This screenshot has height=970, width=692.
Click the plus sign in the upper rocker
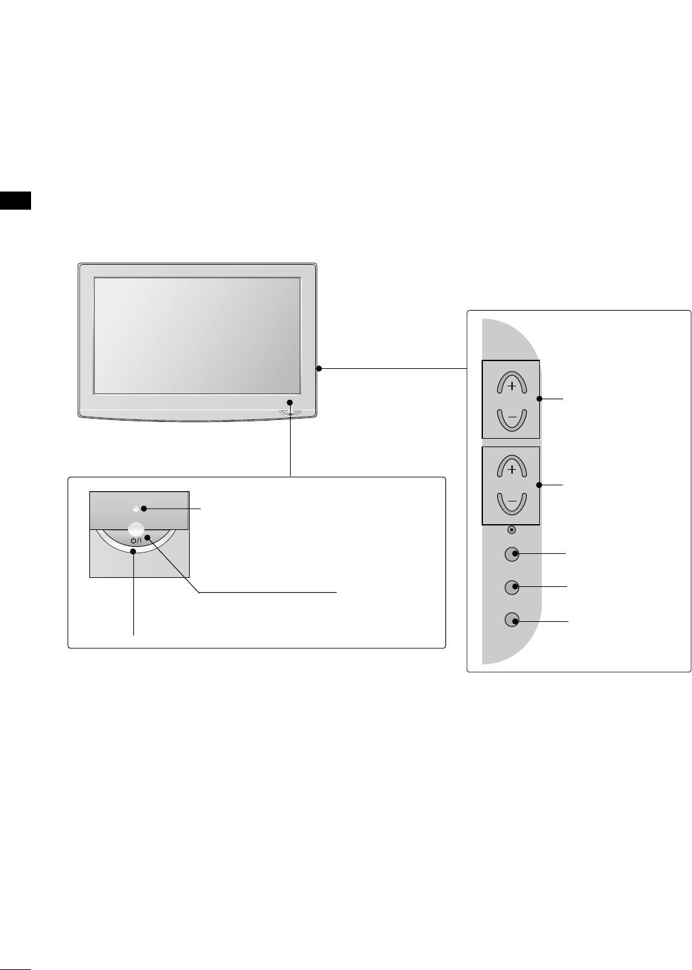512,386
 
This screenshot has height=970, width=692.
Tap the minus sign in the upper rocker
512,418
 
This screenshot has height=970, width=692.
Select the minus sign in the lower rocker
512,502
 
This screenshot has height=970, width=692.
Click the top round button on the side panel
511,555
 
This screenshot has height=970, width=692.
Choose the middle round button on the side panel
511,587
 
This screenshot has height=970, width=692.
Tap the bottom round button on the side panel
511,620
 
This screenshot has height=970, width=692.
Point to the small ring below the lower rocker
511,529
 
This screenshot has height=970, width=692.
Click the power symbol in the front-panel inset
135,540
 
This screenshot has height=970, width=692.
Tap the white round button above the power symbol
135,528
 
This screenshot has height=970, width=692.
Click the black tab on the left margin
16,201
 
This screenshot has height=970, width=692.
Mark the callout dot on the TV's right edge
319,369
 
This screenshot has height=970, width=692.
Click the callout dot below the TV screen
291,403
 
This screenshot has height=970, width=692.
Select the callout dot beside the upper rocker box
539,399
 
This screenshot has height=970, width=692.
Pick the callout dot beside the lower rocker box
539,485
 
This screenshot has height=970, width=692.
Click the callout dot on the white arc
134,552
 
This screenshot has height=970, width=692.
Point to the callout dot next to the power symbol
148,538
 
